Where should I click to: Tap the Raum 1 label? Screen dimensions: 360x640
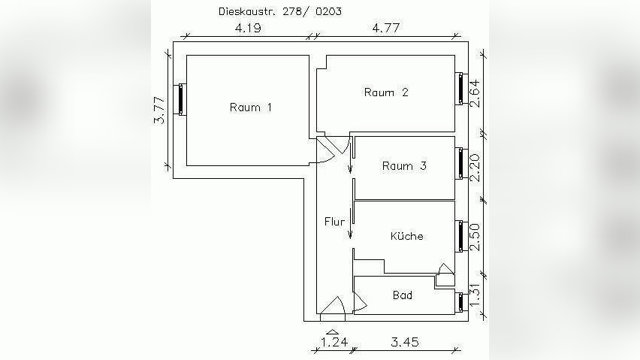click(250, 107)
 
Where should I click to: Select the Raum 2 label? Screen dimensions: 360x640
click(386, 92)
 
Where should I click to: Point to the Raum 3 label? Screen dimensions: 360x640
click(404, 166)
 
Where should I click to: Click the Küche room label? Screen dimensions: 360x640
click(406, 236)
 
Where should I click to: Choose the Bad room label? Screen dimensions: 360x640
click(403, 295)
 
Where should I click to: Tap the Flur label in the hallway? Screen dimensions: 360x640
click(334, 222)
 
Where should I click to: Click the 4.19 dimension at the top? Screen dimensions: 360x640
click(248, 29)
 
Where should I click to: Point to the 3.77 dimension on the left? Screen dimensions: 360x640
click(158, 110)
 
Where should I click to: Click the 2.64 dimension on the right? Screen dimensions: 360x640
click(475, 93)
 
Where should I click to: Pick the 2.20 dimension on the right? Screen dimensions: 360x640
click(475, 167)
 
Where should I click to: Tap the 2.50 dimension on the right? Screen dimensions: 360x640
click(475, 237)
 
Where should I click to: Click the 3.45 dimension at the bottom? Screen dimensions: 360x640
click(404, 343)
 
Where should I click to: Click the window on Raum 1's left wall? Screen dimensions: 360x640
click(180, 100)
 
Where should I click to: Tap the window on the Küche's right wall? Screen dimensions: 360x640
click(460, 236)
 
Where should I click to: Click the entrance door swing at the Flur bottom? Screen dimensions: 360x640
click(332, 306)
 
